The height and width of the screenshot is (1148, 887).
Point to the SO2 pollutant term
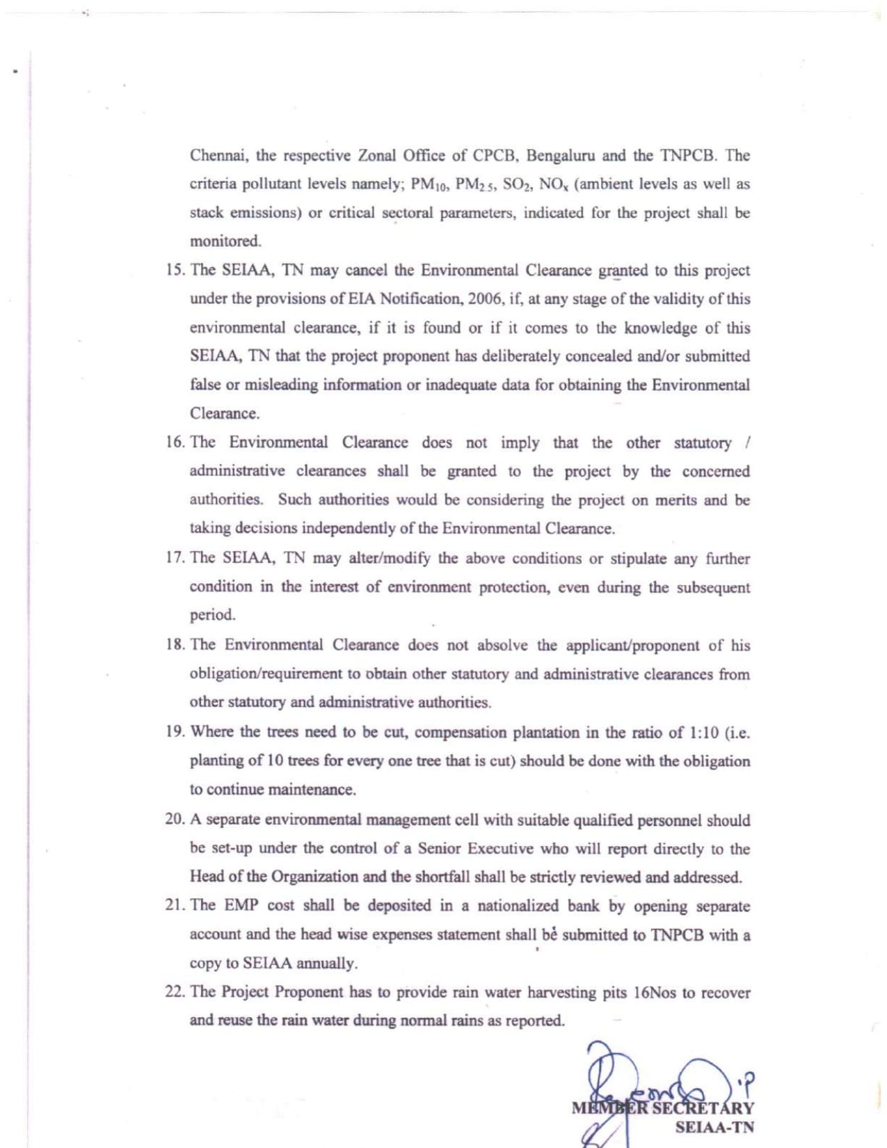tap(517, 184)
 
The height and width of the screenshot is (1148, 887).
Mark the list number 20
tap(175, 819)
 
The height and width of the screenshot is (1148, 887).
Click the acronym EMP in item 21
tap(241, 905)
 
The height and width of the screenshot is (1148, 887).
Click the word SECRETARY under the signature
tap(702, 1108)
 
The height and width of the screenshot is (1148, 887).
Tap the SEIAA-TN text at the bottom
tap(714, 1127)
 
